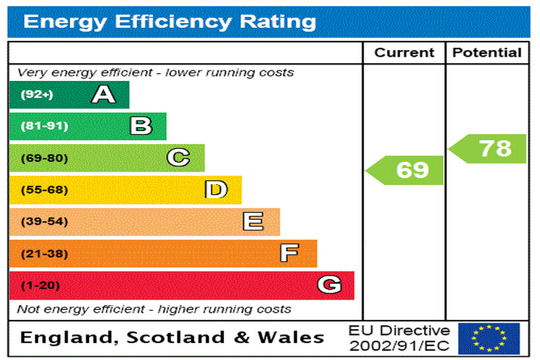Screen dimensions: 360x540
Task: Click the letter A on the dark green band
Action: [103, 95]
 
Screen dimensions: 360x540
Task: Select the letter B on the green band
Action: [141, 126]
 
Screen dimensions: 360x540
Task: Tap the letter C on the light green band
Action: [178, 158]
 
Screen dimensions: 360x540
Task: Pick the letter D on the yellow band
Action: [215, 190]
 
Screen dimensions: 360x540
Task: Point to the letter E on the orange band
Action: [253, 222]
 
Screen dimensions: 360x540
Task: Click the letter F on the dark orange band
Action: [289, 253]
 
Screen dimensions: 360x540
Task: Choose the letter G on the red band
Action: [329, 285]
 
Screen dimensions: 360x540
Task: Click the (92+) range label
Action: [36, 95]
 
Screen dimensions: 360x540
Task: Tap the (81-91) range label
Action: [44, 126]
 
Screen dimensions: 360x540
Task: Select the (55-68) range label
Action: [44, 190]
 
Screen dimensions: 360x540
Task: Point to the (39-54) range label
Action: [44, 222]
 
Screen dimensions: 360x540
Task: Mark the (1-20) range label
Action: [40, 286]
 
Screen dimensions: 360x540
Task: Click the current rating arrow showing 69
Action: [406, 170]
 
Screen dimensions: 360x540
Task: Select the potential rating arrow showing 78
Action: [489, 149]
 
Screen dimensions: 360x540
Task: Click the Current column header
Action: [404, 53]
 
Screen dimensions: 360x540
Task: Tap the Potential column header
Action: [487, 53]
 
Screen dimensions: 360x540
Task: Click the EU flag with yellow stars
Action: [489, 338]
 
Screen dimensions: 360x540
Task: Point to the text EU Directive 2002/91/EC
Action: [399, 338]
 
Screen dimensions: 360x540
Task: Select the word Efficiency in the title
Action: [174, 22]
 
